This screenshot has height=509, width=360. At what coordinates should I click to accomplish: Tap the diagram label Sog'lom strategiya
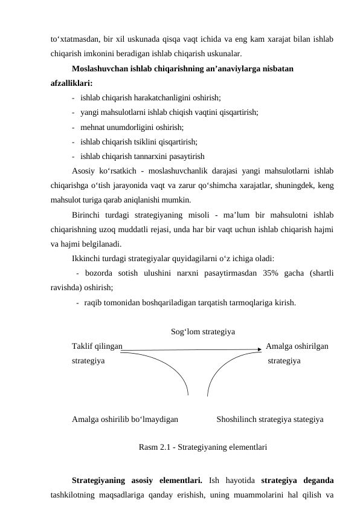(203, 332)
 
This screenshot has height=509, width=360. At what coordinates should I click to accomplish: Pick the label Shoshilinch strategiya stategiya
(269, 418)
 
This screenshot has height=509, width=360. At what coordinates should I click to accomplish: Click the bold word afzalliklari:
(72, 83)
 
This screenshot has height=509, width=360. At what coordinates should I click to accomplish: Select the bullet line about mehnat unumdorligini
(131, 127)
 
